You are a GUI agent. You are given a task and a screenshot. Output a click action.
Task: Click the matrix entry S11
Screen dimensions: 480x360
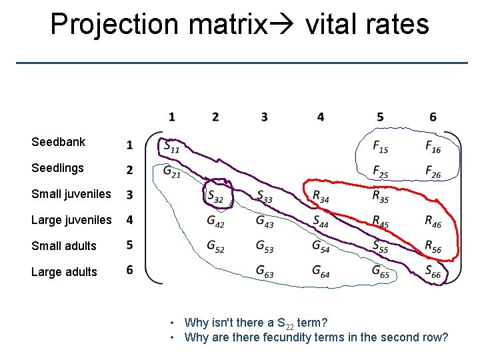171,146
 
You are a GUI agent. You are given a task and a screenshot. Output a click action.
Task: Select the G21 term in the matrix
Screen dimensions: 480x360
171,171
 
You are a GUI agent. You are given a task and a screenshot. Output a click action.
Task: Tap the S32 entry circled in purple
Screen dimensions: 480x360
215,196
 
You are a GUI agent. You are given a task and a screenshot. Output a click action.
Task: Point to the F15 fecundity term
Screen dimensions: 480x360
380,146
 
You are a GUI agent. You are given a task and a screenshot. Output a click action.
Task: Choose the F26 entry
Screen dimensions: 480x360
433,171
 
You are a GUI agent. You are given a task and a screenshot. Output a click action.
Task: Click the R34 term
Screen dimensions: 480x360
321,196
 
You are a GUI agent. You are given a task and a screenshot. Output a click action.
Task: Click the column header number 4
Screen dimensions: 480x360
321,117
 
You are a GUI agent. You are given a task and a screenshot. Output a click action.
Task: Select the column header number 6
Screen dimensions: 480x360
433,117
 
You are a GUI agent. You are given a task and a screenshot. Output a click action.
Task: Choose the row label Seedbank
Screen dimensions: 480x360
59,142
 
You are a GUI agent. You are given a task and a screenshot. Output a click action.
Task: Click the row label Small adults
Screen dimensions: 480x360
64,246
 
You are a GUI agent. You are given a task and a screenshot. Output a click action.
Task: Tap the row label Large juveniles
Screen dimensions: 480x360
71,220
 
